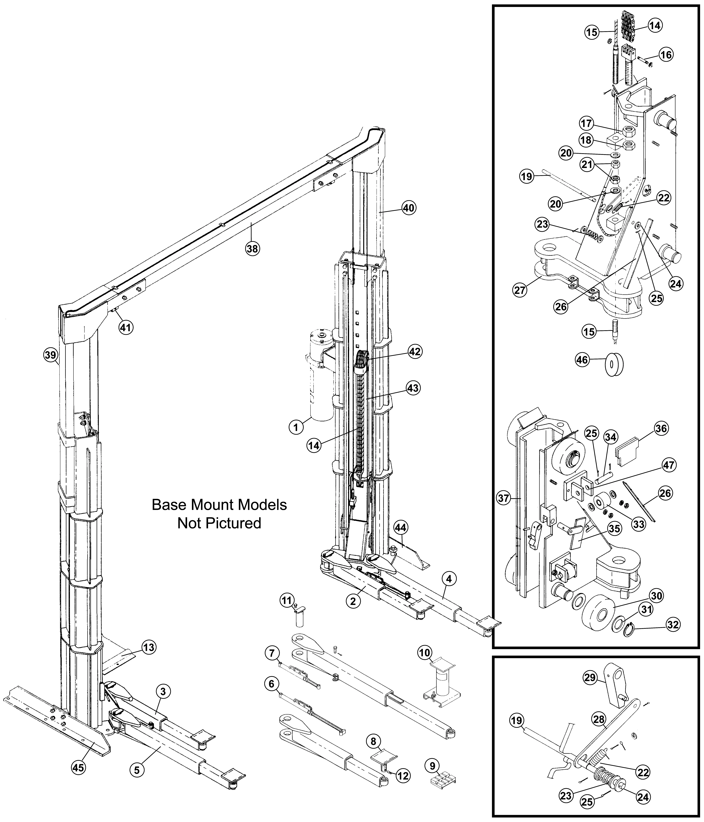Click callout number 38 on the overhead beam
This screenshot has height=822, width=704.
tap(252, 249)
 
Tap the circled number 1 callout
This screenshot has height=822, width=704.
tap(296, 427)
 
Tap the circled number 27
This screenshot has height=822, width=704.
tap(520, 290)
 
